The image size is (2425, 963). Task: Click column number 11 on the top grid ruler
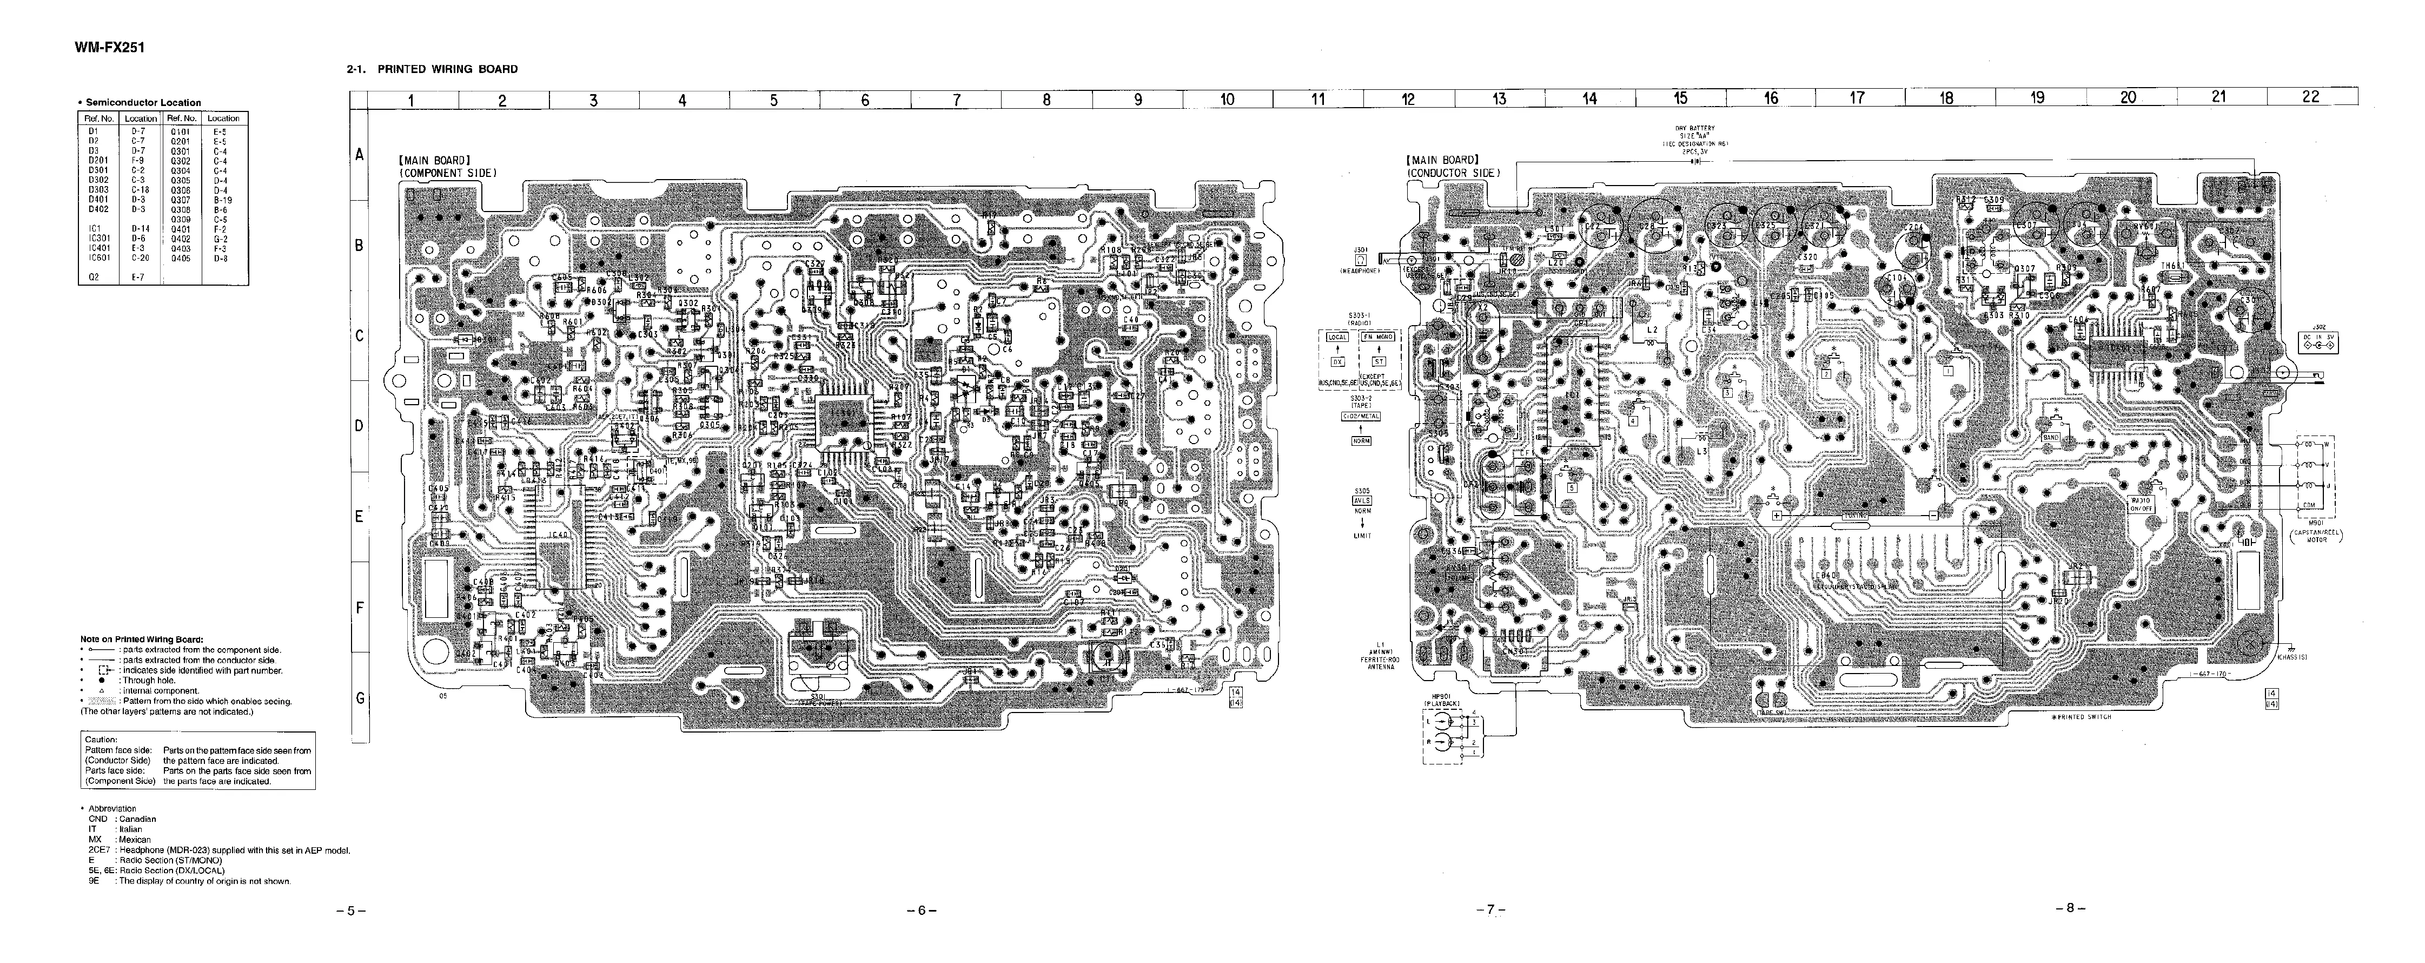pyautogui.click(x=1318, y=99)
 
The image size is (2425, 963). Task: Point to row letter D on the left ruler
pyautogui.click(x=359, y=425)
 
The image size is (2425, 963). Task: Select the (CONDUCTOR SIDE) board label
pyautogui.click(x=1454, y=173)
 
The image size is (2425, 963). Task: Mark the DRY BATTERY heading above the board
pyautogui.click(x=1694, y=129)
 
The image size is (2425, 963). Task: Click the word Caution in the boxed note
pyautogui.click(x=101, y=740)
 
